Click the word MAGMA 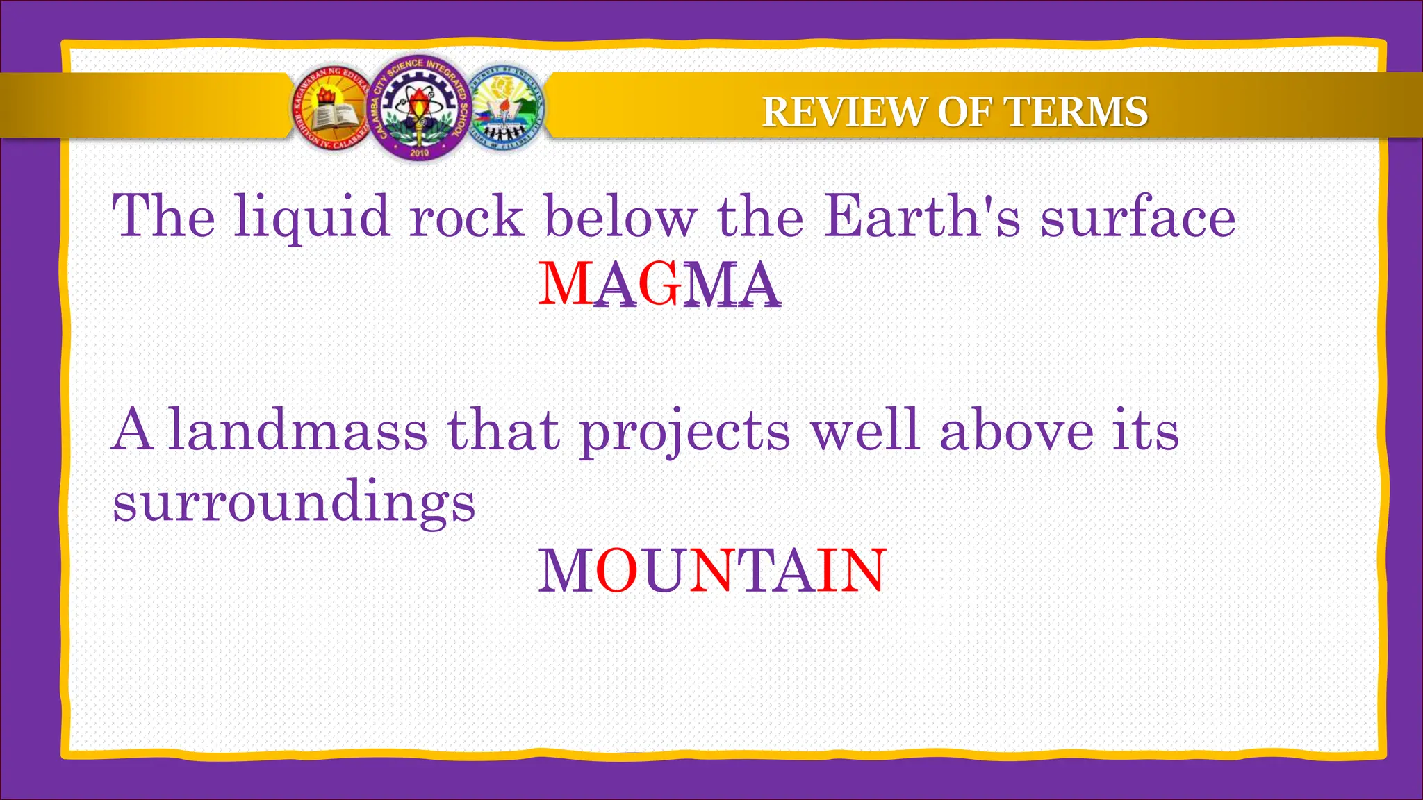click(659, 284)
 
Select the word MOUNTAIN click(712, 570)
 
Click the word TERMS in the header click(1076, 112)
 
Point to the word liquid click(312, 217)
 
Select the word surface click(1137, 216)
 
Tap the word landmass click(297, 431)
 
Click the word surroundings click(294, 501)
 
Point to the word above click(1017, 431)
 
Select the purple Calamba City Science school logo click(419, 108)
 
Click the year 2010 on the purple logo click(420, 152)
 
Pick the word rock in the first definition click(466, 216)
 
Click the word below click(620, 216)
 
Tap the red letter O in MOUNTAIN click(616, 570)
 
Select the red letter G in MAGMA click(659, 284)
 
